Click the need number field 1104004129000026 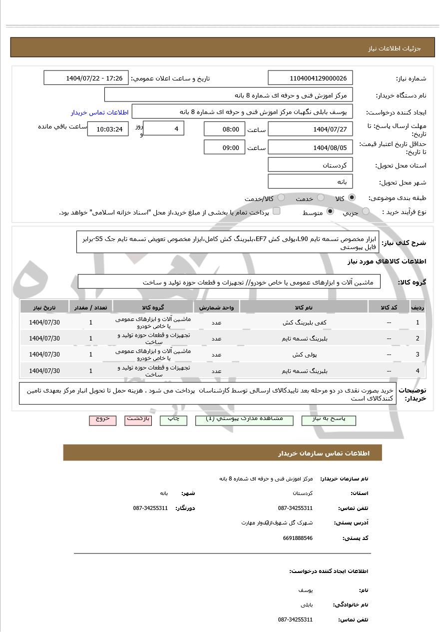[310, 78]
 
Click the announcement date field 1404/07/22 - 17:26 [86, 78]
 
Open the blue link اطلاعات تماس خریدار [99, 112]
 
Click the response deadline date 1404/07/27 [310, 129]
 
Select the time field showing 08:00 [224, 129]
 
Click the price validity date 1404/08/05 [310, 147]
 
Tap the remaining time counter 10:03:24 [108, 129]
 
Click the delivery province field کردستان [310, 165]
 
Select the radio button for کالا [352, 197]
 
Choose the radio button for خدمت [321, 197]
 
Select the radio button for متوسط [330, 211]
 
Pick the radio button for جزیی [366, 211]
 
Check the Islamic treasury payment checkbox [276, 211]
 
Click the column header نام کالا [304, 307]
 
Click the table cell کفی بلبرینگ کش [304, 322]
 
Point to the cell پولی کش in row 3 [304, 354]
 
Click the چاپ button [173, 419]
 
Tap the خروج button [102, 419]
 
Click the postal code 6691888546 [298, 538]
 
